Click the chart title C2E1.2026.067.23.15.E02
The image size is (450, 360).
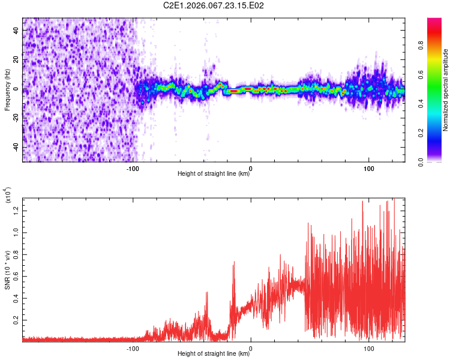coord(214,5)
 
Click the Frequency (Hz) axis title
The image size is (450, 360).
coord(7,89)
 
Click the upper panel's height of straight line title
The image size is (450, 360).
coord(214,174)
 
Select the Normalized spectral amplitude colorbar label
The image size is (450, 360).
coord(446,89)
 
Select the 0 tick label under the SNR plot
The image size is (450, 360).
coord(251,347)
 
